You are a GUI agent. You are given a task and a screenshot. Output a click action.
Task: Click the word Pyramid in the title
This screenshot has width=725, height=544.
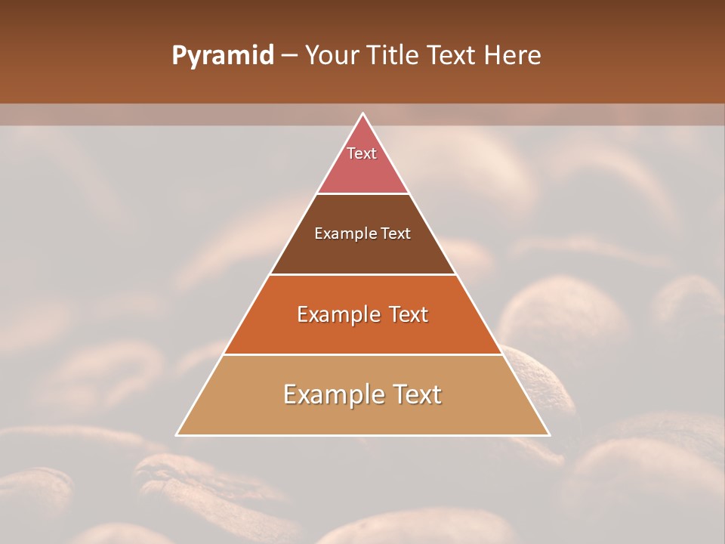tap(223, 56)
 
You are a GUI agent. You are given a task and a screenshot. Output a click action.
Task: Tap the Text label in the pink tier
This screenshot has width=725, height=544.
tap(362, 153)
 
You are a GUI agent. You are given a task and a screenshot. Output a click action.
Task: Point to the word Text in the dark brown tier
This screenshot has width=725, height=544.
tap(396, 233)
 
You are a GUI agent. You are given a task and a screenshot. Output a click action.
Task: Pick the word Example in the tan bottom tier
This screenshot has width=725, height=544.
tap(331, 394)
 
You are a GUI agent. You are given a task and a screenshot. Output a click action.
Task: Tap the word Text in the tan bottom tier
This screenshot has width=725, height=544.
tap(415, 394)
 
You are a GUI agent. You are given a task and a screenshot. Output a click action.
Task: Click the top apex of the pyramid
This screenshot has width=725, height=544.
tap(362, 114)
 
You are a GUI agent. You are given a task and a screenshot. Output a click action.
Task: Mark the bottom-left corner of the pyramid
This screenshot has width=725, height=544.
tap(177, 434)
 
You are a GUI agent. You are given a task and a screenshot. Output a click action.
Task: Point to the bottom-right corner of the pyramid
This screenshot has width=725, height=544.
tap(548, 434)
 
